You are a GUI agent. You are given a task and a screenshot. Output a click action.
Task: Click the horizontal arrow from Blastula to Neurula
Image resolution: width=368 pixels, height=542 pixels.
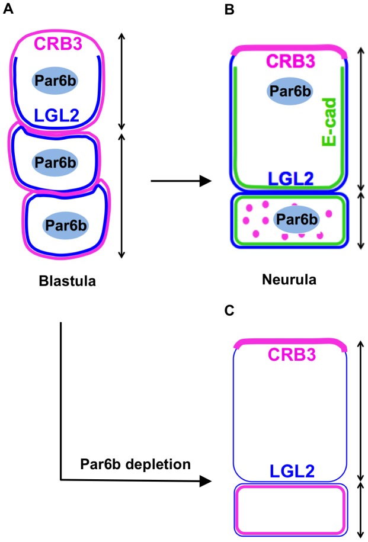click(x=180, y=181)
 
